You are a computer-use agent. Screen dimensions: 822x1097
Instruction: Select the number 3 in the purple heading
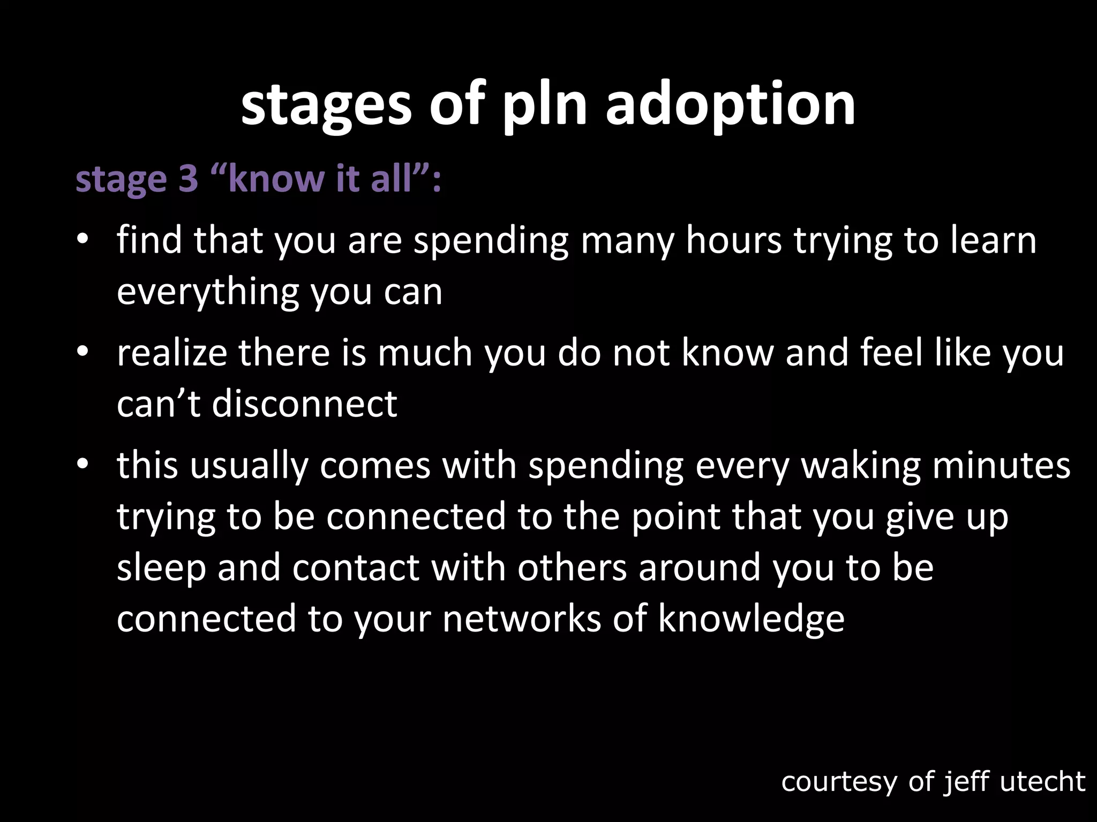(188, 179)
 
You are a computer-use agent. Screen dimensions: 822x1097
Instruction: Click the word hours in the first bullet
(734, 240)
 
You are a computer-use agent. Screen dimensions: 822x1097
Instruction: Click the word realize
(171, 353)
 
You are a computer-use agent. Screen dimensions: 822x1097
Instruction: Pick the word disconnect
(304, 404)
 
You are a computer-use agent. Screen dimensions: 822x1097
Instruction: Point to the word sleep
(161, 568)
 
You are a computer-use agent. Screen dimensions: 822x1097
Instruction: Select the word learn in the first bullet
(994, 240)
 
